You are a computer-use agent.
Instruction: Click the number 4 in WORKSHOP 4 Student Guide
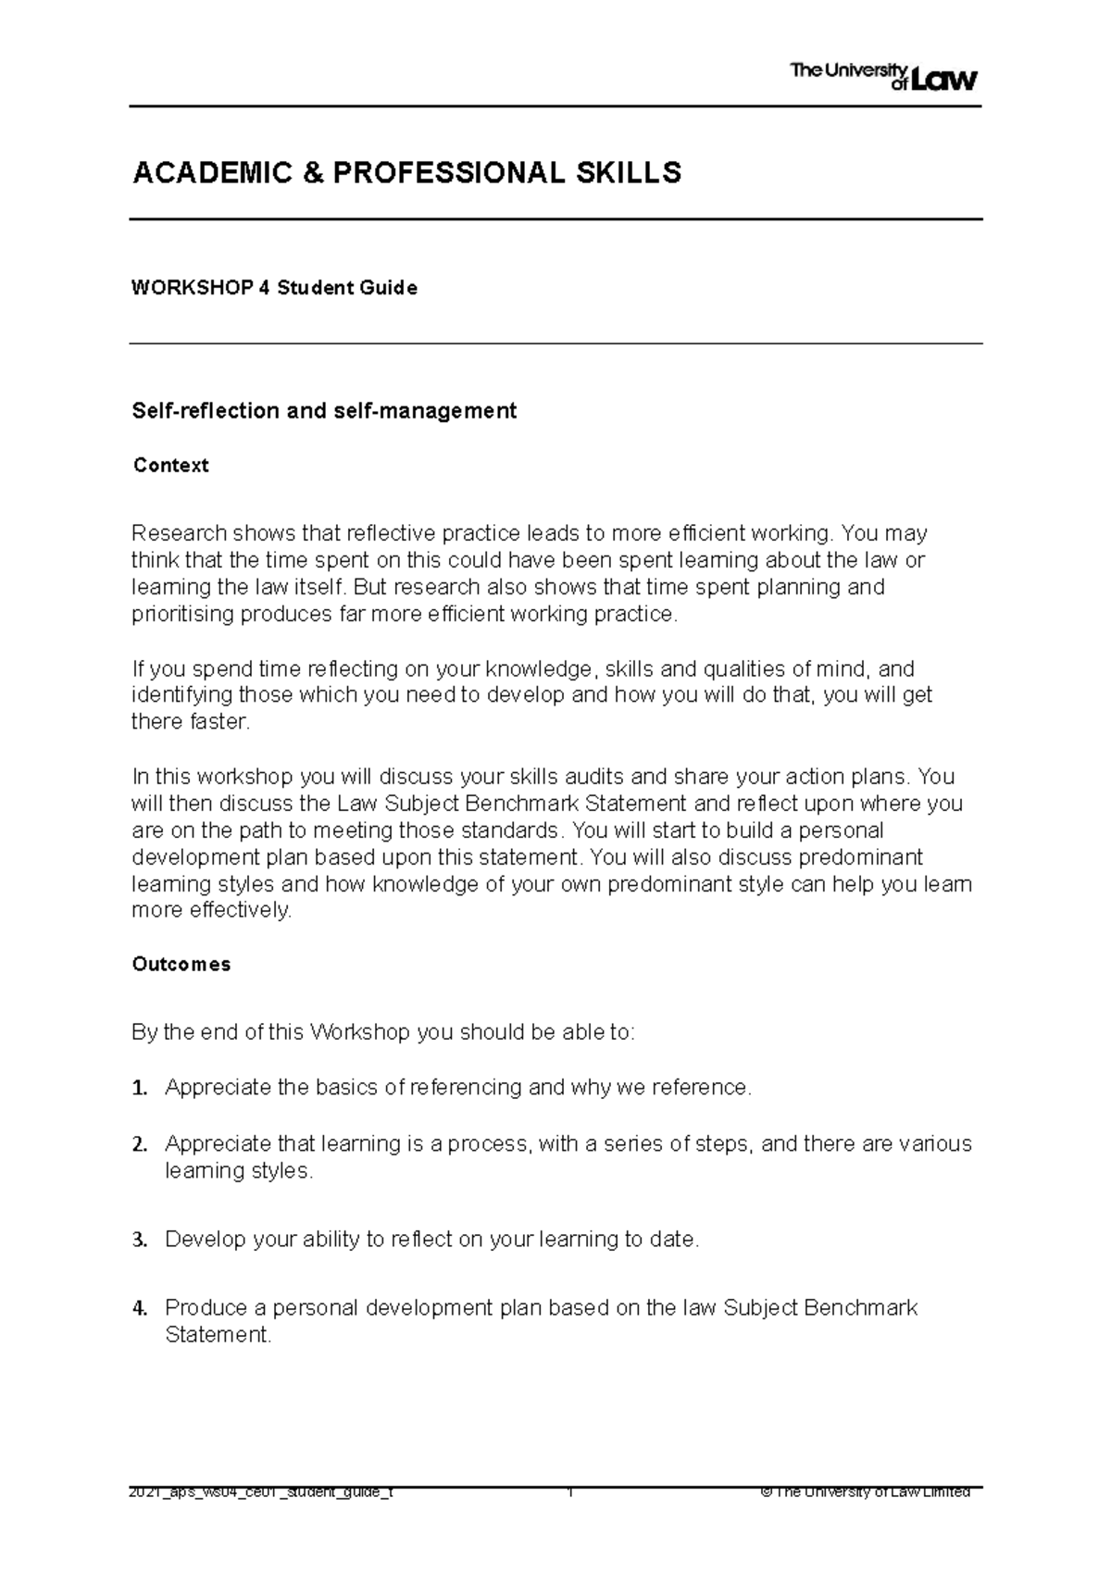coord(264,288)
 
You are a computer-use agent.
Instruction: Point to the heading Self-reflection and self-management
coord(324,411)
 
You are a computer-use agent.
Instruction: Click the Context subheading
coord(170,466)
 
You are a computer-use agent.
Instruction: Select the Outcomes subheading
coord(181,965)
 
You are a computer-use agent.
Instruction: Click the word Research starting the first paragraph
coord(179,534)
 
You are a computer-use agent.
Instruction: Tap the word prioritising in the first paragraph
coord(182,615)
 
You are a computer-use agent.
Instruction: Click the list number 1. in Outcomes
coord(140,1088)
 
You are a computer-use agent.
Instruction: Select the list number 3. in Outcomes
coord(140,1240)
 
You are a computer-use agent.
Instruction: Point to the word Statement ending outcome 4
coord(218,1335)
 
